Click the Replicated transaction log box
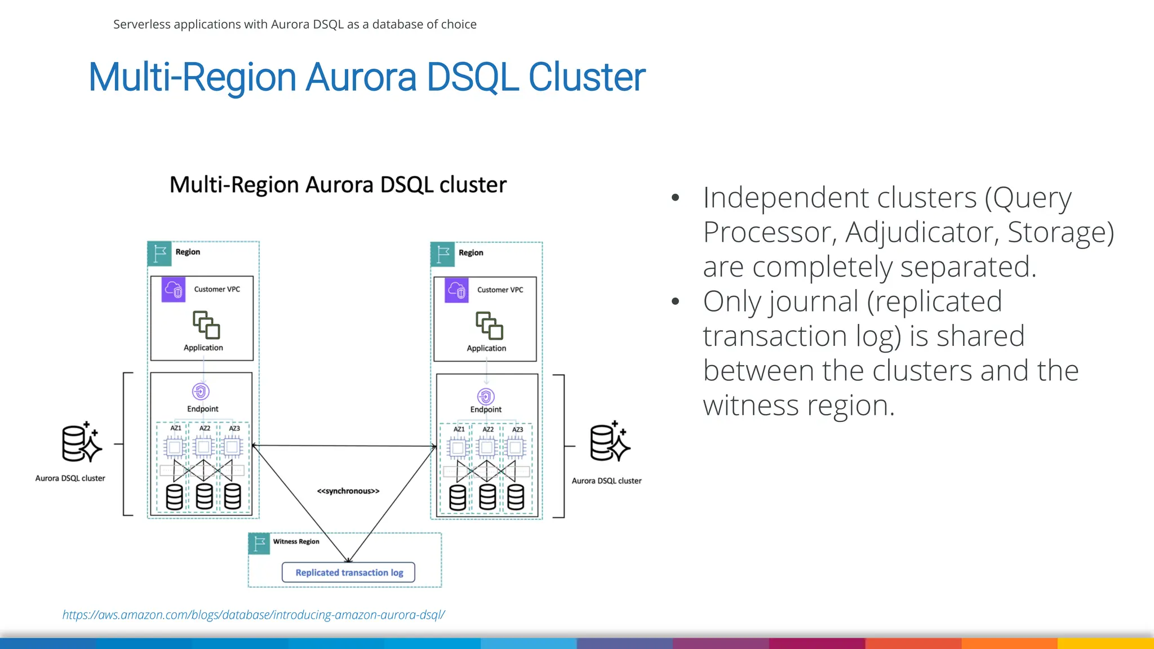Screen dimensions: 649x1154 pyautogui.click(x=349, y=572)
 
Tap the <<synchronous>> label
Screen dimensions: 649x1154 pyautogui.click(x=348, y=491)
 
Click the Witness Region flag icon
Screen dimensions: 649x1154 pyautogui.click(x=259, y=544)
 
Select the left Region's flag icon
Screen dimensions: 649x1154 pyautogui.click(x=159, y=254)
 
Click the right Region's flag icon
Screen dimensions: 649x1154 pyautogui.click(x=443, y=254)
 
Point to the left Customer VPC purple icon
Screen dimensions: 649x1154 pyautogui.click(x=174, y=290)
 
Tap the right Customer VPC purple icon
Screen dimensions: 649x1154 pyautogui.click(x=456, y=290)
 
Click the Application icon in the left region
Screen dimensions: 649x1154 pyautogui.click(x=206, y=325)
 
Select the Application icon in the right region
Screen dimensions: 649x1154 pyautogui.click(x=489, y=326)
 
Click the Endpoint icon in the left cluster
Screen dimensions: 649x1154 pyautogui.click(x=201, y=391)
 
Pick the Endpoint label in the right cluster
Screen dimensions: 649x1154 pyautogui.click(x=486, y=410)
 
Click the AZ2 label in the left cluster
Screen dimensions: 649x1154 pyautogui.click(x=205, y=429)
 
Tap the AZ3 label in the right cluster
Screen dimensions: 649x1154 pyautogui.click(x=517, y=430)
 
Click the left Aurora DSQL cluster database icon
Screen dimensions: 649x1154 pyautogui.click(x=81, y=443)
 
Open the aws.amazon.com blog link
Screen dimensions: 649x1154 pyautogui.click(x=254, y=615)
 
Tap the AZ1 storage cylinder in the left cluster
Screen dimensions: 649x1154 pyautogui.click(x=174, y=497)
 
